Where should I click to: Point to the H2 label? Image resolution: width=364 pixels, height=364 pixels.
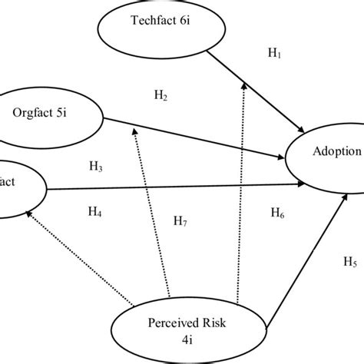tap(160, 96)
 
